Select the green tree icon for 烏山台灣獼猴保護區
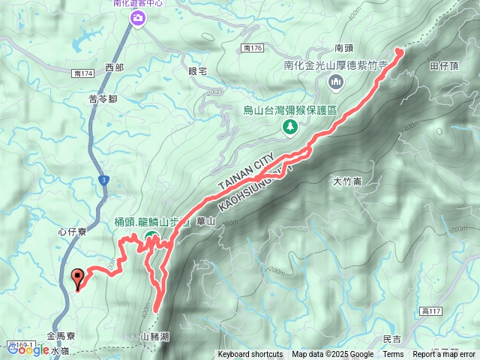point(289,127)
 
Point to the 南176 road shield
point(252,48)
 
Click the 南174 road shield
point(83,73)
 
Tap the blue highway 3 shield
point(103,180)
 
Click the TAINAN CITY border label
point(247,173)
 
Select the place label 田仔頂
point(443,66)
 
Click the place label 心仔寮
point(72,232)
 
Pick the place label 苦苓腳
point(102,98)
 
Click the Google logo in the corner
point(28,349)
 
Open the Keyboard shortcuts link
point(250,355)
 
